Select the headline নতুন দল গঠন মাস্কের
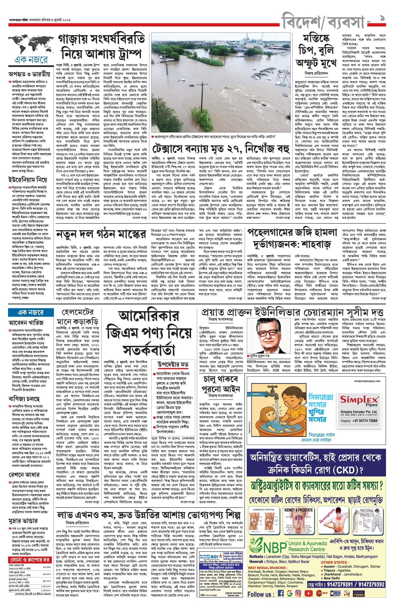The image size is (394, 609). coord(101,234)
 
